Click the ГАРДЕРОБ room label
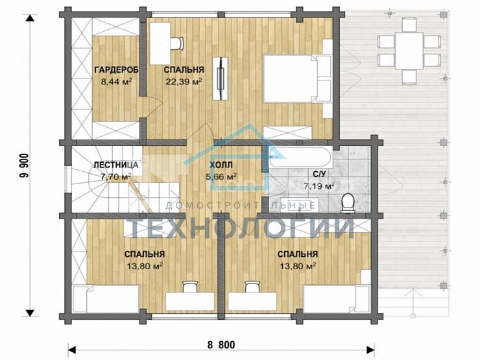coord(116,70)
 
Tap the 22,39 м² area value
coord(184,82)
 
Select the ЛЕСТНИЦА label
coord(115,165)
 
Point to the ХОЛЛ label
coord(221,165)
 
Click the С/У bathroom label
coord(319,174)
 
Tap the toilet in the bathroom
coord(348,202)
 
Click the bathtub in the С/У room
coord(300,156)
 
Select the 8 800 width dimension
coord(221,345)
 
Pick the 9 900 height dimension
coord(25,165)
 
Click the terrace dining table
coord(409,51)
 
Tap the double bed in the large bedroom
coord(298,78)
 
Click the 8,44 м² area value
coord(116,82)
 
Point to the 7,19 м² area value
coord(319,186)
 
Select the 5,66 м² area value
coord(221,177)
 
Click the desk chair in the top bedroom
coord(176,43)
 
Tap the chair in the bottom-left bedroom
coord(190,287)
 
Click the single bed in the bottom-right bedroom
coord(337,299)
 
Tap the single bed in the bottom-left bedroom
coord(106,299)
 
